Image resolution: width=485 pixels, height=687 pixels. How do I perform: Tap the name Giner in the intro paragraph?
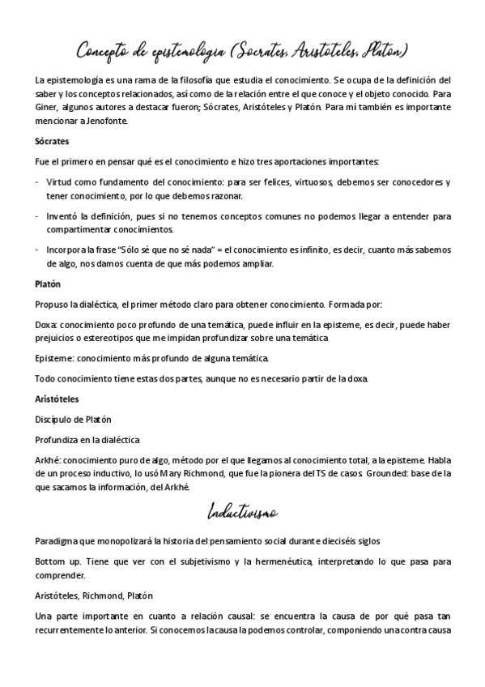click(x=49, y=107)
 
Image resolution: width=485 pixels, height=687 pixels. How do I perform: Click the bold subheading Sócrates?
click(x=53, y=141)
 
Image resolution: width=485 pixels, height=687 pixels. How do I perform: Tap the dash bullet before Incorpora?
click(x=37, y=252)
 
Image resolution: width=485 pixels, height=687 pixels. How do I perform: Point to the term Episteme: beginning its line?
click(x=55, y=359)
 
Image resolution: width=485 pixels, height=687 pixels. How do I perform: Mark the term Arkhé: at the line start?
click(x=50, y=460)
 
